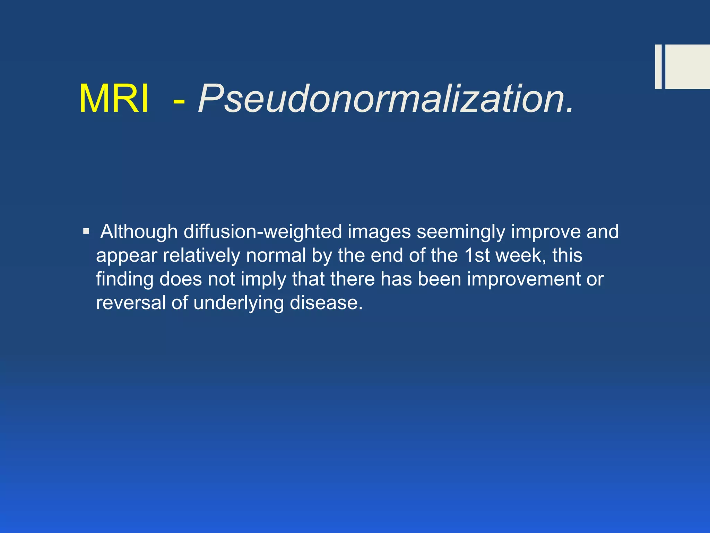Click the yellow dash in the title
pyautogui.click(x=179, y=101)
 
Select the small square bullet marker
pyautogui.click(x=86, y=231)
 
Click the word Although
pyautogui.click(x=139, y=232)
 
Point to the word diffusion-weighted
pyautogui.click(x=263, y=232)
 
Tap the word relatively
pyautogui.click(x=201, y=256)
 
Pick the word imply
pyautogui.click(x=263, y=280)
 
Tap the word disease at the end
pyautogui.click(x=326, y=303)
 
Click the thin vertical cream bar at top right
pyautogui.click(x=658, y=67)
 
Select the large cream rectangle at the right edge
pyautogui.click(x=687, y=67)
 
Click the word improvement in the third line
pyautogui.click(x=523, y=279)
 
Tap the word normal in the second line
pyautogui.click(x=276, y=256)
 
